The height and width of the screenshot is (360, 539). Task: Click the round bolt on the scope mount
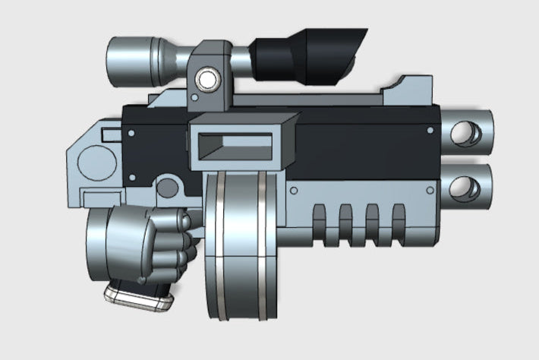205,79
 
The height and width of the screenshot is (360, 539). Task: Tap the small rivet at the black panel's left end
132,134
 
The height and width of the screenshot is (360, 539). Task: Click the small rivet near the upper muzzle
430,131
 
